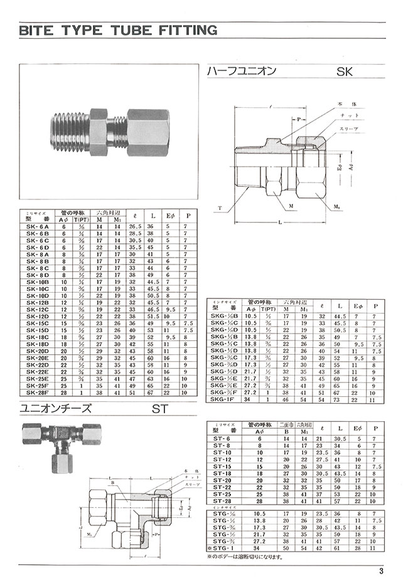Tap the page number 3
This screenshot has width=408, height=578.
[381, 570]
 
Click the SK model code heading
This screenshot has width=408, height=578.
[345, 72]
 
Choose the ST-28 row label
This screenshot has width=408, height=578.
[222, 500]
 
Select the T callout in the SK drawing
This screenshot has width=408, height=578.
[220, 206]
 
